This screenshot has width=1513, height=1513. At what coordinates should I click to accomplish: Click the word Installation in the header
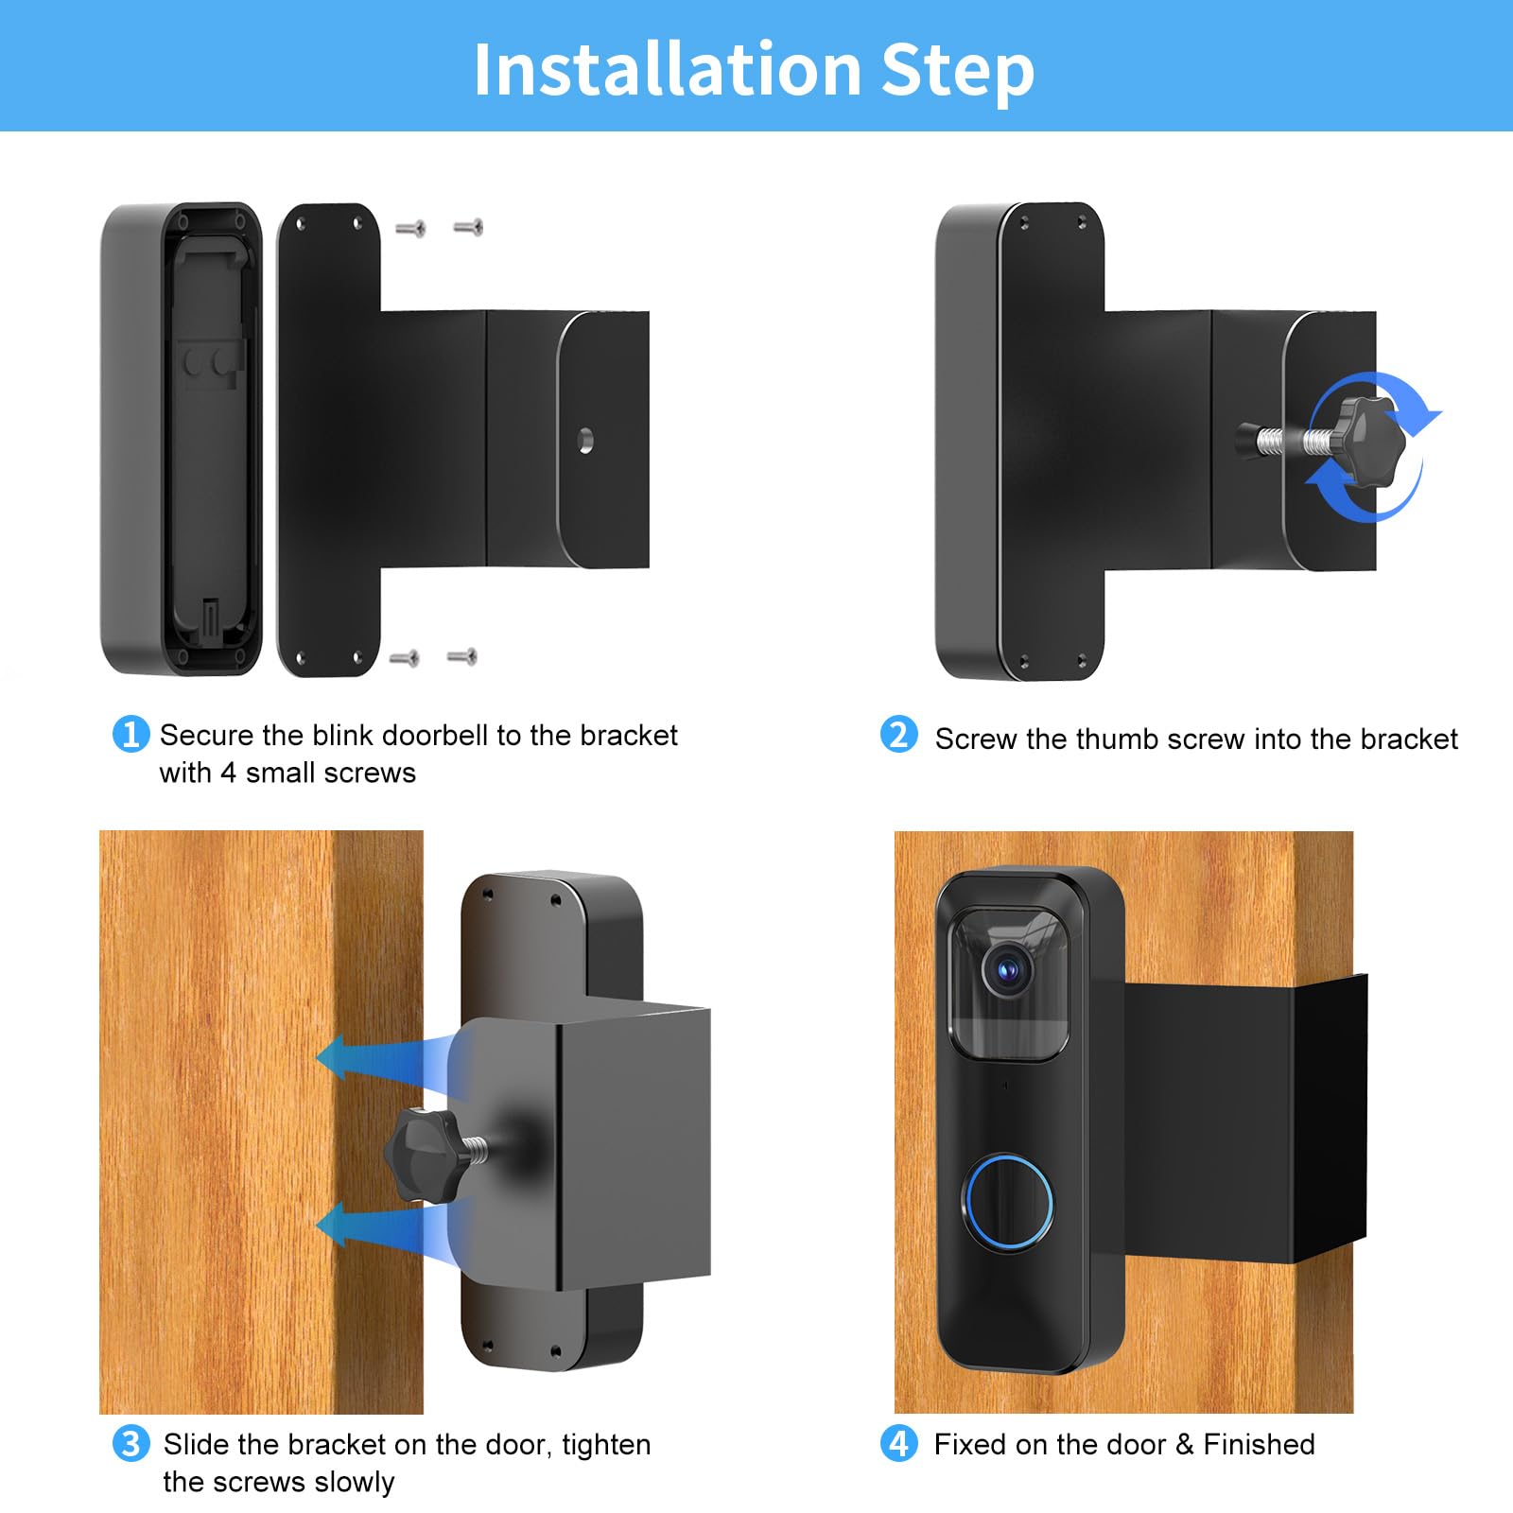666,69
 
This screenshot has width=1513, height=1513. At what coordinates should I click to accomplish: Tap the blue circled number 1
130,735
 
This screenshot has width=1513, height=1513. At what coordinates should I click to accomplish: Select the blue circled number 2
898,735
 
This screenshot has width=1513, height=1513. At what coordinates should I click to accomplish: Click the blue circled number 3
130,1444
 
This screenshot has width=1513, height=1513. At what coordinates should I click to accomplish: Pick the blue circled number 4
898,1444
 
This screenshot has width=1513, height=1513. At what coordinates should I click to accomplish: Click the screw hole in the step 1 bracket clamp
585,441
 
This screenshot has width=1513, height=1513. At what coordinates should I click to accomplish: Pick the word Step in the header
957,69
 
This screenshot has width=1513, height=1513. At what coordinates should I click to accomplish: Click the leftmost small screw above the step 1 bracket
410,228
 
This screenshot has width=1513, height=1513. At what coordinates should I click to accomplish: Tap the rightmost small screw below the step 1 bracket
462,656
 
